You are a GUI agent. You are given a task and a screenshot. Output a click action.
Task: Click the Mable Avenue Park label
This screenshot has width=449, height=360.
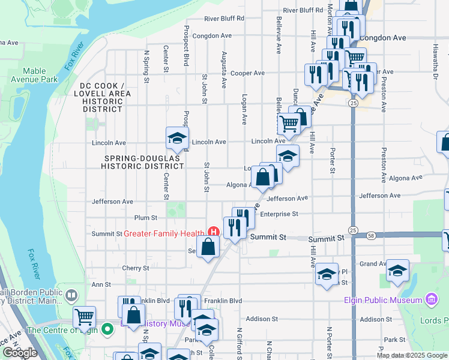[35, 75]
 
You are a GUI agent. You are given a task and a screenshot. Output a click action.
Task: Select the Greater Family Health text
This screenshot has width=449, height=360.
[164, 233]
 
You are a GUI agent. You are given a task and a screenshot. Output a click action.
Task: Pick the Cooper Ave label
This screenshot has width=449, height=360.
[248, 73]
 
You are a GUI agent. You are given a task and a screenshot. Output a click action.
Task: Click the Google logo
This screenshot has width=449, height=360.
[20, 353]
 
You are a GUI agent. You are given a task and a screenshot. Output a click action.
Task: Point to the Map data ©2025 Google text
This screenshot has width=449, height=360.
[411, 355]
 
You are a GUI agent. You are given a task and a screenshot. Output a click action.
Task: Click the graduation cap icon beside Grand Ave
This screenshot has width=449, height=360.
[397, 271]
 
